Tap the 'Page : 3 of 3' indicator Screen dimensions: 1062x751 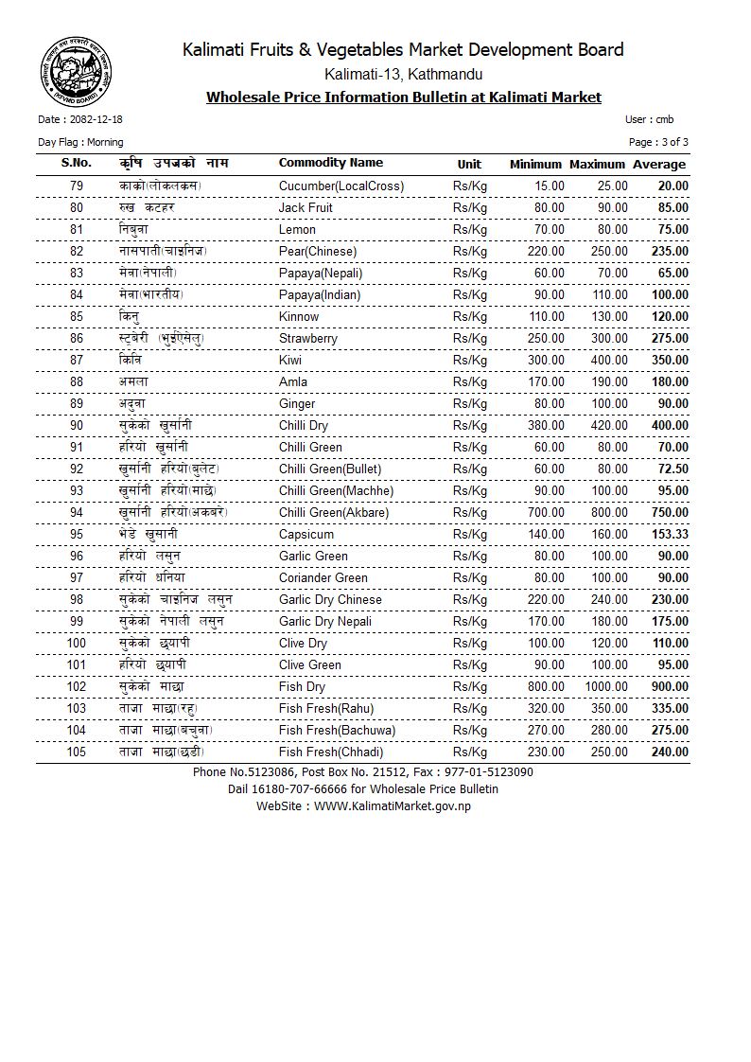coord(658,142)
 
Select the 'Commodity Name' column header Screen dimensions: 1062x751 coord(331,163)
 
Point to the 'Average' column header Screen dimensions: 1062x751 coord(659,165)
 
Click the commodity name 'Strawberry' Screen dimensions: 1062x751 coord(308,338)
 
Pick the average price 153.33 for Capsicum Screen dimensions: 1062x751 coord(670,534)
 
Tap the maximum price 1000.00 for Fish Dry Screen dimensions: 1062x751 coord(605,686)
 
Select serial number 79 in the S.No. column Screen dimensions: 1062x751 coord(77,186)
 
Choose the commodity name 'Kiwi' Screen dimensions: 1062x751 coord(292,360)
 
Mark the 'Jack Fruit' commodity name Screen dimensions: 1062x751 coord(306,207)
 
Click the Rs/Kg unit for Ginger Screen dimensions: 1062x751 coord(470,403)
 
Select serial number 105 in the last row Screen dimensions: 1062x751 coord(77,752)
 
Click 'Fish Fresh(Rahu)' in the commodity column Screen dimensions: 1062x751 coord(326,708)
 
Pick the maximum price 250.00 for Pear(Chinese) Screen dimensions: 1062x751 coord(609,251)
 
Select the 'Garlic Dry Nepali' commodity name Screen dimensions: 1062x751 coord(325,621)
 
